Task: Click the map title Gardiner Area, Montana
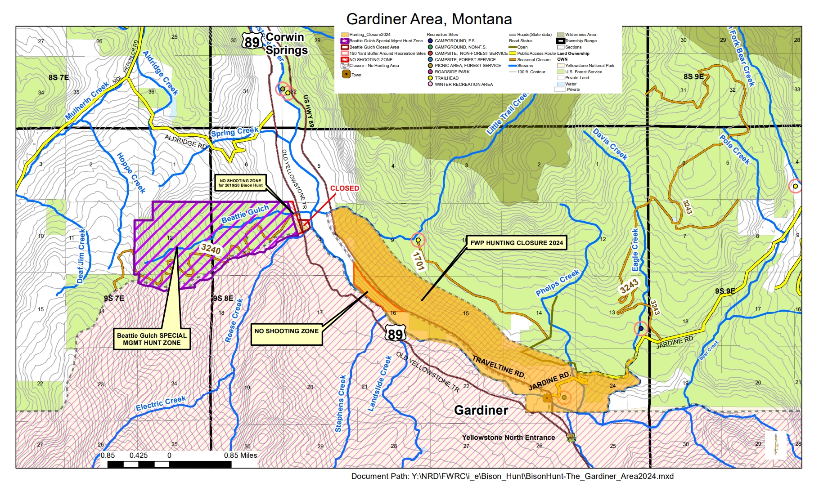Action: pos(429,19)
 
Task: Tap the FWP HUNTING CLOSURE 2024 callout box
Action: pos(516,243)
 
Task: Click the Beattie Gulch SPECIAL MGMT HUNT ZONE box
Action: pos(152,339)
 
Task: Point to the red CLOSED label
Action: pos(344,188)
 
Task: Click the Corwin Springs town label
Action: pos(286,44)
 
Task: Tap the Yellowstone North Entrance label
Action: pos(508,437)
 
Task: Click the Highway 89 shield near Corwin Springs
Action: pos(252,42)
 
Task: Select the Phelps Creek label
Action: pos(557,283)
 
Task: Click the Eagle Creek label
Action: pos(635,250)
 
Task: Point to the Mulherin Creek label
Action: pos(87,101)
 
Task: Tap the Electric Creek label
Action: pos(161,403)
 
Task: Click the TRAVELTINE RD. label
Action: pos(499,366)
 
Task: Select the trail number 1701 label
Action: pos(418,261)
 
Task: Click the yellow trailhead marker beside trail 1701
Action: pos(418,240)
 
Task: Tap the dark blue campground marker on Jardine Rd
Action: pos(641,328)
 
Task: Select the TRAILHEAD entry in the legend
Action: pos(446,78)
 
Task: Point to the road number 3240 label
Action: pos(211,249)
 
